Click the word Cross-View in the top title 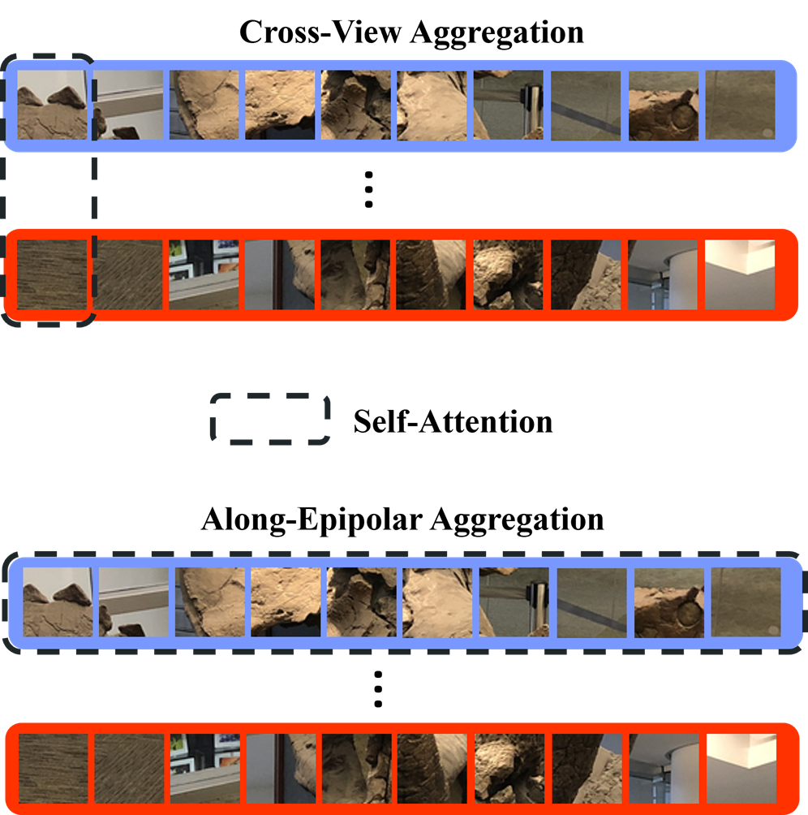[320, 32]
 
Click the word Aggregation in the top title [497, 34]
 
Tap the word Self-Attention [453, 421]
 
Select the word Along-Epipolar [311, 520]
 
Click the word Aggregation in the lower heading [518, 520]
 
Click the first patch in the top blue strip [53, 105]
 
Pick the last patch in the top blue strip [740, 105]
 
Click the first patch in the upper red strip [53, 274]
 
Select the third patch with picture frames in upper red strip [204, 274]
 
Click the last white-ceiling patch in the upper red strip [740, 274]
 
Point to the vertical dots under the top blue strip [368, 189]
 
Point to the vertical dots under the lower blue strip [378, 689]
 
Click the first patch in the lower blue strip [58, 602]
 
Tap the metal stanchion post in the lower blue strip [538, 606]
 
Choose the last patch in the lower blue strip [746, 602]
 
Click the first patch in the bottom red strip [54, 768]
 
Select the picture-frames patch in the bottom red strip [205, 768]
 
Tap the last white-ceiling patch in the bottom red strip [741, 768]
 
